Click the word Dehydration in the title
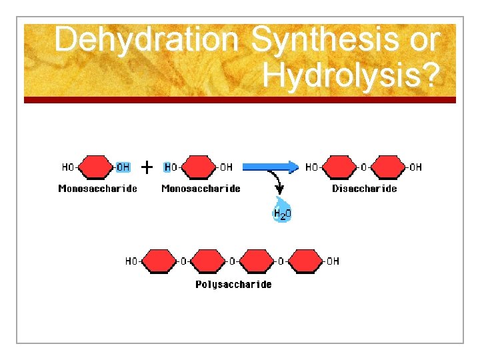click(x=146, y=41)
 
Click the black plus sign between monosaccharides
click(x=148, y=166)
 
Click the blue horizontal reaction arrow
click(x=270, y=167)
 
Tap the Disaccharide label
click(x=364, y=189)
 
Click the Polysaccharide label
click(x=233, y=285)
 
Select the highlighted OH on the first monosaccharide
click(x=123, y=167)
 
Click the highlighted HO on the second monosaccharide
click(x=171, y=167)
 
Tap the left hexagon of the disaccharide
click(x=339, y=167)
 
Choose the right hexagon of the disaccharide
click(x=387, y=167)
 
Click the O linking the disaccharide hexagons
click(x=363, y=167)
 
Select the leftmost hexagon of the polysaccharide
click(x=157, y=261)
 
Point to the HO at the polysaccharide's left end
click(x=132, y=261)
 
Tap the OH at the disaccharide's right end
click(x=415, y=167)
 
